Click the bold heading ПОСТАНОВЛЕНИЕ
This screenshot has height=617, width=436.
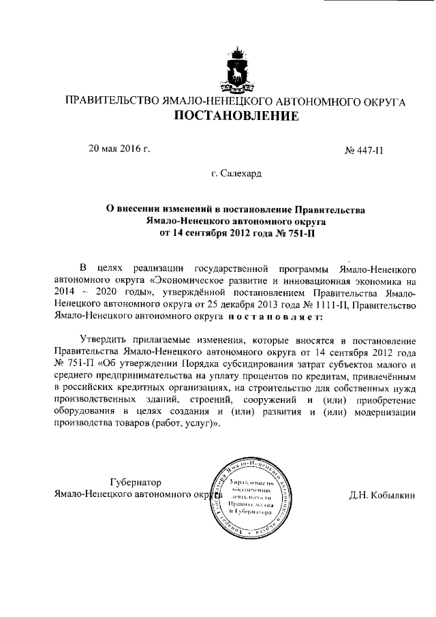click(235, 117)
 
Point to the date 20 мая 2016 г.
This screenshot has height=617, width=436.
click(119, 148)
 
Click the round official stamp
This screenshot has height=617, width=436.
click(251, 496)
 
